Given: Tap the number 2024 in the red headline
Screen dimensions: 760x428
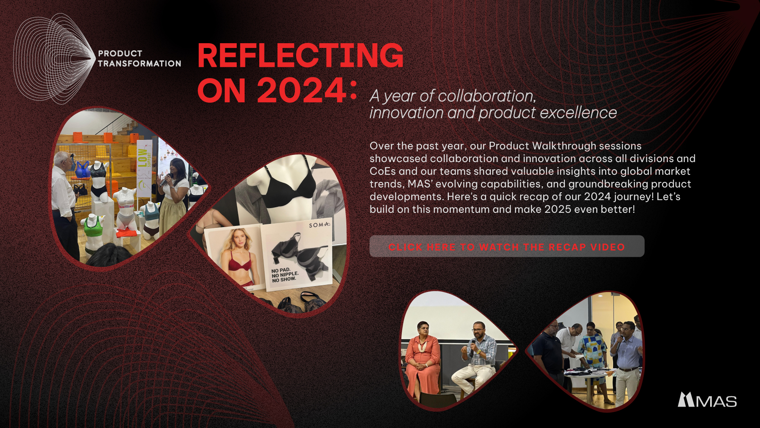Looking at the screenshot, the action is [302, 90].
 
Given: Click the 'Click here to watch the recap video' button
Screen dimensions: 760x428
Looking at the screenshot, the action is [507, 246].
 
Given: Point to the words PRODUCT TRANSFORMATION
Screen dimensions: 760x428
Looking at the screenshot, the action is [139, 59].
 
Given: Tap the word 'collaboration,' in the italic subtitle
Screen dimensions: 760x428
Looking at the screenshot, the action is [487, 96].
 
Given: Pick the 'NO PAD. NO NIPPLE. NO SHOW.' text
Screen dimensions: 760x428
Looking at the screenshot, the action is [285, 275].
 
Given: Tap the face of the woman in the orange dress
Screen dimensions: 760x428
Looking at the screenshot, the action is [423, 330].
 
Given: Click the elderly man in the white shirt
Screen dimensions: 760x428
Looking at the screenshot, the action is [64, 202].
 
